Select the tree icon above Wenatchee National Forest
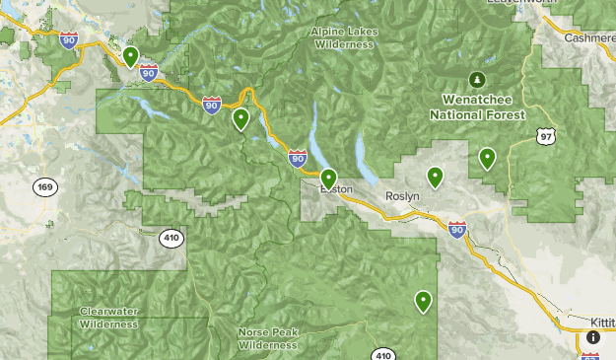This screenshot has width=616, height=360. pos(477,79)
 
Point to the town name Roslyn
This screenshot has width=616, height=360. pos(402,196)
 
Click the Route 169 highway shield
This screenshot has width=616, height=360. pos(43,187)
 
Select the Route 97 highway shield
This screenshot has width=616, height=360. pos(545,135)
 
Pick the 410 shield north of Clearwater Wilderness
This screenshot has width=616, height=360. pos(172,238)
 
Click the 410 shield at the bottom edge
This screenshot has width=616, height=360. pos(384,354)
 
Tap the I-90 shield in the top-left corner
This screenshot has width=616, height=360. pos(68,39)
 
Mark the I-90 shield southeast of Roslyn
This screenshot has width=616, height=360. pos(456,230)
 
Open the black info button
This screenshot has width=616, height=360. pos(593,336)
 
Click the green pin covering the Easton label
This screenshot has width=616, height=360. pos(329,179)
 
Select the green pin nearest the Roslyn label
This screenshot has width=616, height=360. pos(435,178)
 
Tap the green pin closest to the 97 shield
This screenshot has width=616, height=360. pos(487,157)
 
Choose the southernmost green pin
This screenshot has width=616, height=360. pos(424,301)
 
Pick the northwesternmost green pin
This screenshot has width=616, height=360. pos(130,56)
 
